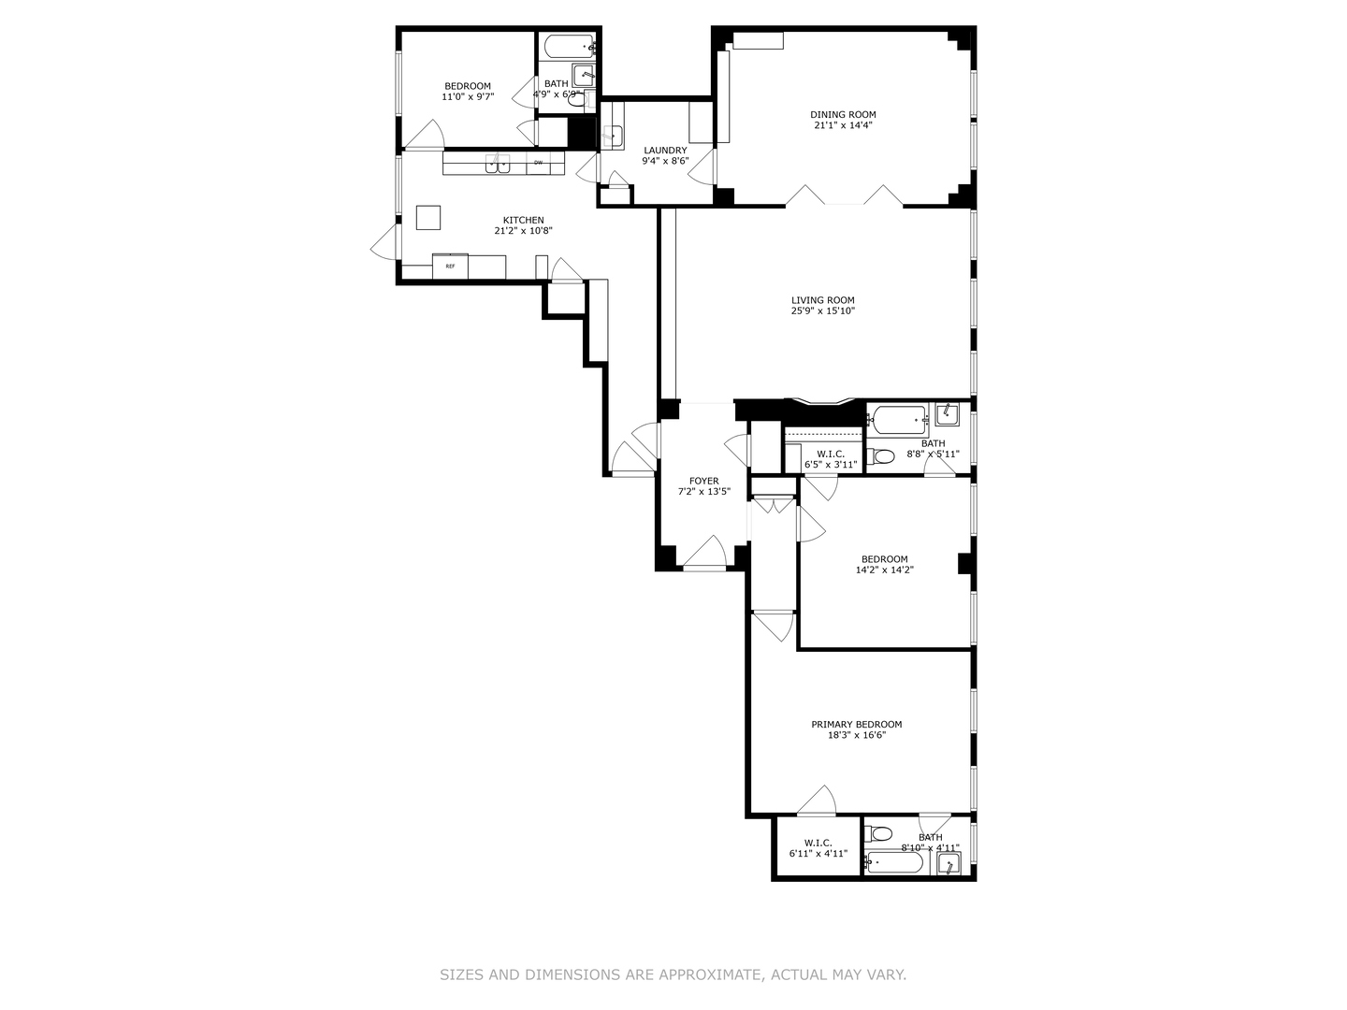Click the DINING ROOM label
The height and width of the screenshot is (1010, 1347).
coord(843,115)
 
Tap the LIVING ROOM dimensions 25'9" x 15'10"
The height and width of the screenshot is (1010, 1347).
coord(822,311)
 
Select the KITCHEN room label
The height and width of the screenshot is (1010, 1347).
coord(523,221)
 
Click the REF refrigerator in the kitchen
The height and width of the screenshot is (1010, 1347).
coord(450,267)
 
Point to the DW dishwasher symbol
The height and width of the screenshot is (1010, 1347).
coord(538,164)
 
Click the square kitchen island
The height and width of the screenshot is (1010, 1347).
coord(428,217)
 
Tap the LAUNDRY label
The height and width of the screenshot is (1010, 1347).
coord(665,151)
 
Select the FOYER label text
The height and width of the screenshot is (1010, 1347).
coord(703,482)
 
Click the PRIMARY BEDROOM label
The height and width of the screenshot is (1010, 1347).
coord(856,725)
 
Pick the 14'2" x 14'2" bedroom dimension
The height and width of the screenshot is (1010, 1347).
coord(884,570)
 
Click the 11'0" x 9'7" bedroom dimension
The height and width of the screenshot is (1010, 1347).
coord(467,96)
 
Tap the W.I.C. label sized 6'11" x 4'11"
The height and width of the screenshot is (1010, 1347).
coord(818,843)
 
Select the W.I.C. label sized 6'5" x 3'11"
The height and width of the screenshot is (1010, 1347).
coord(831,454)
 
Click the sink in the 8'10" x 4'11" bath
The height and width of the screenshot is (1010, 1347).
coord(948,864)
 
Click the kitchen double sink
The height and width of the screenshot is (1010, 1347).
coord(498,165)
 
